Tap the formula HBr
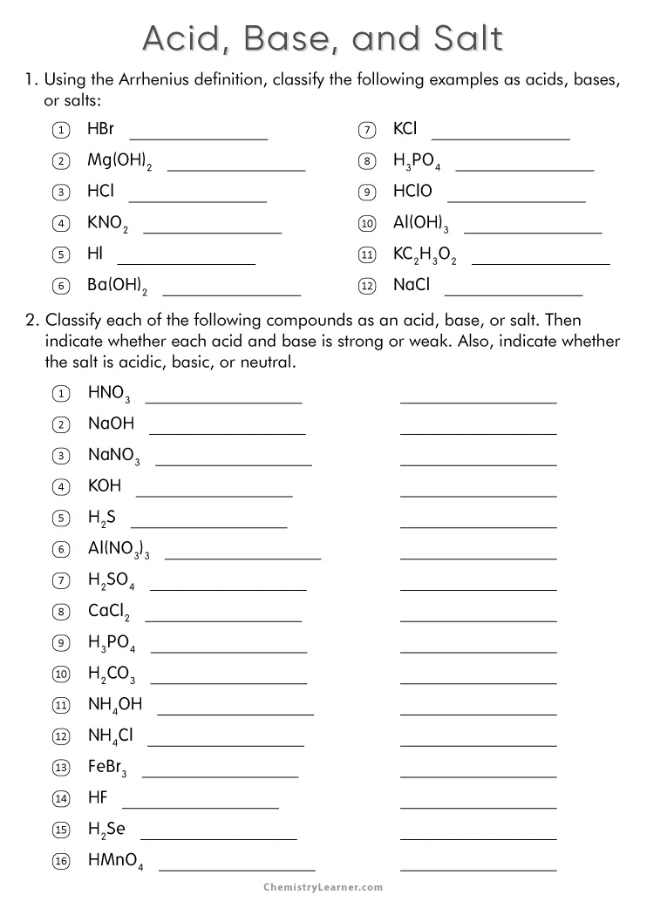click(100, 129)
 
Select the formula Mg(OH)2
click(119, 161)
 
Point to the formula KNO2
click(107, 223)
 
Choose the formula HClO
click(412, 191)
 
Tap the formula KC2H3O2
click(425, 254)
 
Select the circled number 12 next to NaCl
click(367, 286)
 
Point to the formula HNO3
click(109, 394)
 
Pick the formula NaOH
click(111, 424)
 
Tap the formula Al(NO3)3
click(119, 549)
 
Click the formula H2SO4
click(111, 580)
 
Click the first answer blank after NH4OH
click(235, 714)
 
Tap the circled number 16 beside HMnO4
click(61, 860)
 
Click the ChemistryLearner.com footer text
click(323, 887)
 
